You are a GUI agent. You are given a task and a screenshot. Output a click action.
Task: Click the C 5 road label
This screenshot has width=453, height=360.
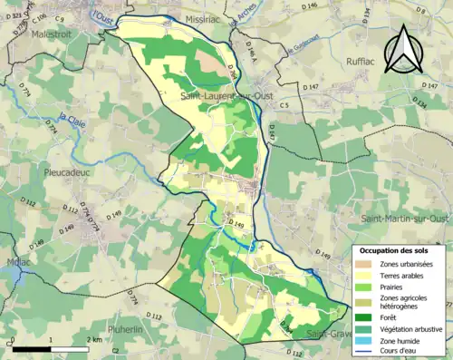(284, 106)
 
